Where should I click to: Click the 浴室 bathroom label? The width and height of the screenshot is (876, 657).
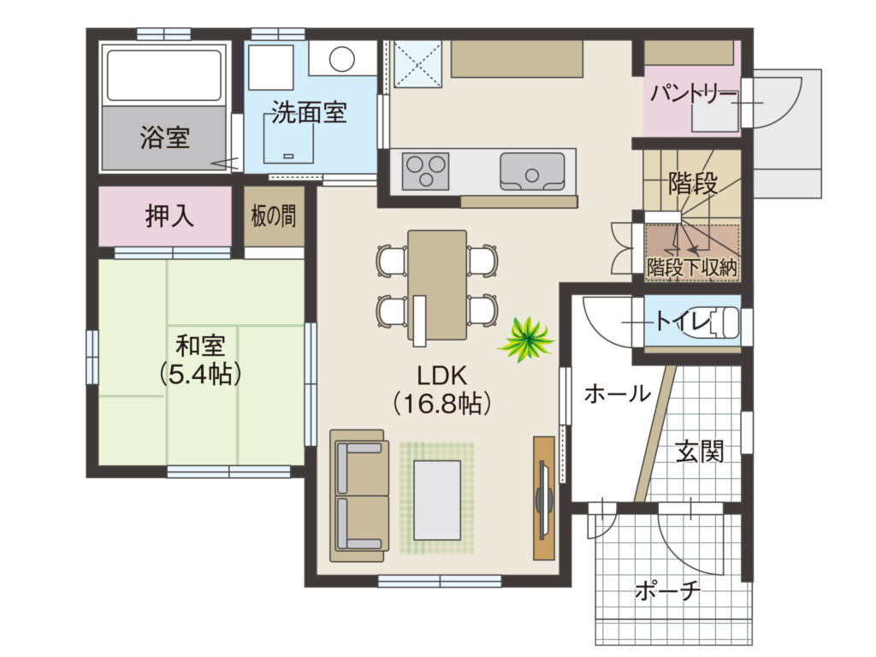(x=165, y=138)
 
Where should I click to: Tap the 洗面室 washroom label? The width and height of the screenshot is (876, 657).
(x=310, y=113)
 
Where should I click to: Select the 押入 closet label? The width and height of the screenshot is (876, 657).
(x=169, y=216)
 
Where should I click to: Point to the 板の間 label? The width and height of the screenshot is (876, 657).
(x=274, y=216)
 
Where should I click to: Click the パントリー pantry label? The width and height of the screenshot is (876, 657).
(x=693, y=92)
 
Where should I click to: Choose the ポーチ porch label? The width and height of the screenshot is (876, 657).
(x=667, y=590)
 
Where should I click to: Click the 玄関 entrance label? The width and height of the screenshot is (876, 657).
(x=700, y=451)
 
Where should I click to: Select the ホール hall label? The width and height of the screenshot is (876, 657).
(x=618, y=394)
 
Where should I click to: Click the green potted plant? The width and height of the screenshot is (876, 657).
(x=525, y=339)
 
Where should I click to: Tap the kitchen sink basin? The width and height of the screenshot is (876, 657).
(x=532, y=172)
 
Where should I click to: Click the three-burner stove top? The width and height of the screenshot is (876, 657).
(x=426, y=171)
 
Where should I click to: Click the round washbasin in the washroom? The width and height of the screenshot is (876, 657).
(x=341, y=59)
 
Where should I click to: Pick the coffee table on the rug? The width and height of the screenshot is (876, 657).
(x=437, y=500)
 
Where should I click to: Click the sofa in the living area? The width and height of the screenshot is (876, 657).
(x=359, y=495)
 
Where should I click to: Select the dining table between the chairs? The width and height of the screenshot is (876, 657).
(x=437, y=285)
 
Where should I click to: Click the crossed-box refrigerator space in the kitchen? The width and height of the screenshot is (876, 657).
(x=418, y=63)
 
